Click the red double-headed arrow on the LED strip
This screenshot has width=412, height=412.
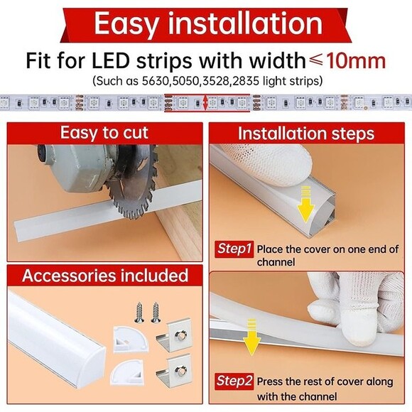tap(206, 104)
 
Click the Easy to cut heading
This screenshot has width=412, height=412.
tap(104, 133)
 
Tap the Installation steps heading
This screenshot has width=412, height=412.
tap(306, 134)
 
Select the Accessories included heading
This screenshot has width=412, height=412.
tap(104, 276)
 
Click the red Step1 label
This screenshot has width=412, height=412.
tap(234, 249)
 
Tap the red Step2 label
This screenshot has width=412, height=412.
tap(234, 381)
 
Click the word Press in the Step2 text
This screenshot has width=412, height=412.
tap(271, 381)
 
